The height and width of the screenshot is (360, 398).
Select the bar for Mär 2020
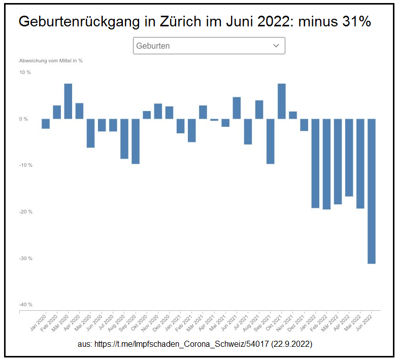pos(68,101)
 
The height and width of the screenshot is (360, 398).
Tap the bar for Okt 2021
pos(282,101)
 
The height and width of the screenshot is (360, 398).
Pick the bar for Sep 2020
pos(136,141)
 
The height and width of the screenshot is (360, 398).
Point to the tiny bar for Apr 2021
pos(214,120)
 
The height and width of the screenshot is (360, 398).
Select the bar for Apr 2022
pos(349,158)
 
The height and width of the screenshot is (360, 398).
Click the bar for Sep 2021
pos(271,141)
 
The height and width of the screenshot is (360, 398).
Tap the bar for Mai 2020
pos(90,133)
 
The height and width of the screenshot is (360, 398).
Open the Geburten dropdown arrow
pos(276,46)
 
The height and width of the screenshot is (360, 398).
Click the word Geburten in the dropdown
pos(153,46)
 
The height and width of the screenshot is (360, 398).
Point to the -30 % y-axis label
pos(25,258)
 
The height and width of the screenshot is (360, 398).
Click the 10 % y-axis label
pos(25,73)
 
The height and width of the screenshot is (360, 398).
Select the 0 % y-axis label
pos(24,119)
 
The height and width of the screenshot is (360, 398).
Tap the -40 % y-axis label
pos(25,305)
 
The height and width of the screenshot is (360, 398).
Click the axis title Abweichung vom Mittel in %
pos(51,60)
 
